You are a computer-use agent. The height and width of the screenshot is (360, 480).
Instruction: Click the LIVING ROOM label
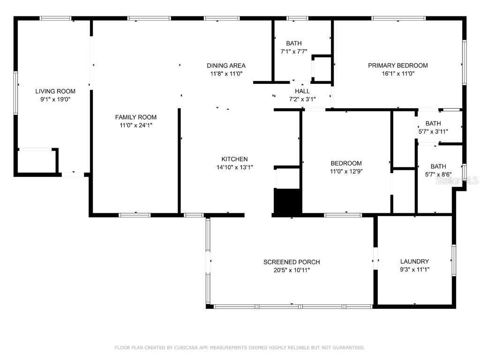[x=55, y=91]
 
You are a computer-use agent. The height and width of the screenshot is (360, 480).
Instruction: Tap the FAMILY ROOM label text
[x=136, y=117]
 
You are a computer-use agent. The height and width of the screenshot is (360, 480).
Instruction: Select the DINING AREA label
[x=226, y=66]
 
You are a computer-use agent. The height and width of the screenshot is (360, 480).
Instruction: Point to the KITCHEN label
[x=234, y=159]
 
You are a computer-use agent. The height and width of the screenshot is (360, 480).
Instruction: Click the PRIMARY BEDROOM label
[x=397, y=66]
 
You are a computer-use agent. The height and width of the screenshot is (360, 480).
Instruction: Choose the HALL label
[x=302, y=91]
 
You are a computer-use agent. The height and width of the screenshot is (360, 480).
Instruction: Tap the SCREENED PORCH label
[x=292, y=262]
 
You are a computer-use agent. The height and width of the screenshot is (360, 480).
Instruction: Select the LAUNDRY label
[x=414, y=262]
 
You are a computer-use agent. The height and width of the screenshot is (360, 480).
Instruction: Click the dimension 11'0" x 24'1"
[x=136, y=125]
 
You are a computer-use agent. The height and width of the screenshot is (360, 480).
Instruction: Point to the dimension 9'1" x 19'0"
[x=55, y=99]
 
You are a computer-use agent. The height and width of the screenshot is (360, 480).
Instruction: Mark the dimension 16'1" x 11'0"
[x=397, y=74]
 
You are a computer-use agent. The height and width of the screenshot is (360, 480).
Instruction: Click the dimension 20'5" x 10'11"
[x=292, y=270]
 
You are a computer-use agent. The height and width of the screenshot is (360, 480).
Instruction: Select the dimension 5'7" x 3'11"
[x=433, y=132]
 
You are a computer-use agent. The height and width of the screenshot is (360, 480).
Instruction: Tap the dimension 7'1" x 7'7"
[x=294, y=52]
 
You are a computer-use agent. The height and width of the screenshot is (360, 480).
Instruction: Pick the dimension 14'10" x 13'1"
[x=234, y=167]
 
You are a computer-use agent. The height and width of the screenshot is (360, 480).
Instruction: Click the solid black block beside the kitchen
[x=287, y=202]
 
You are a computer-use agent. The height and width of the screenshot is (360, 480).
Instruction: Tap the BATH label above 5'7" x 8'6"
[x=438, y=166]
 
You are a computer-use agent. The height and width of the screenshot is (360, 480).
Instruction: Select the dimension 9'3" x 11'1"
[x=414, y=270]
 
